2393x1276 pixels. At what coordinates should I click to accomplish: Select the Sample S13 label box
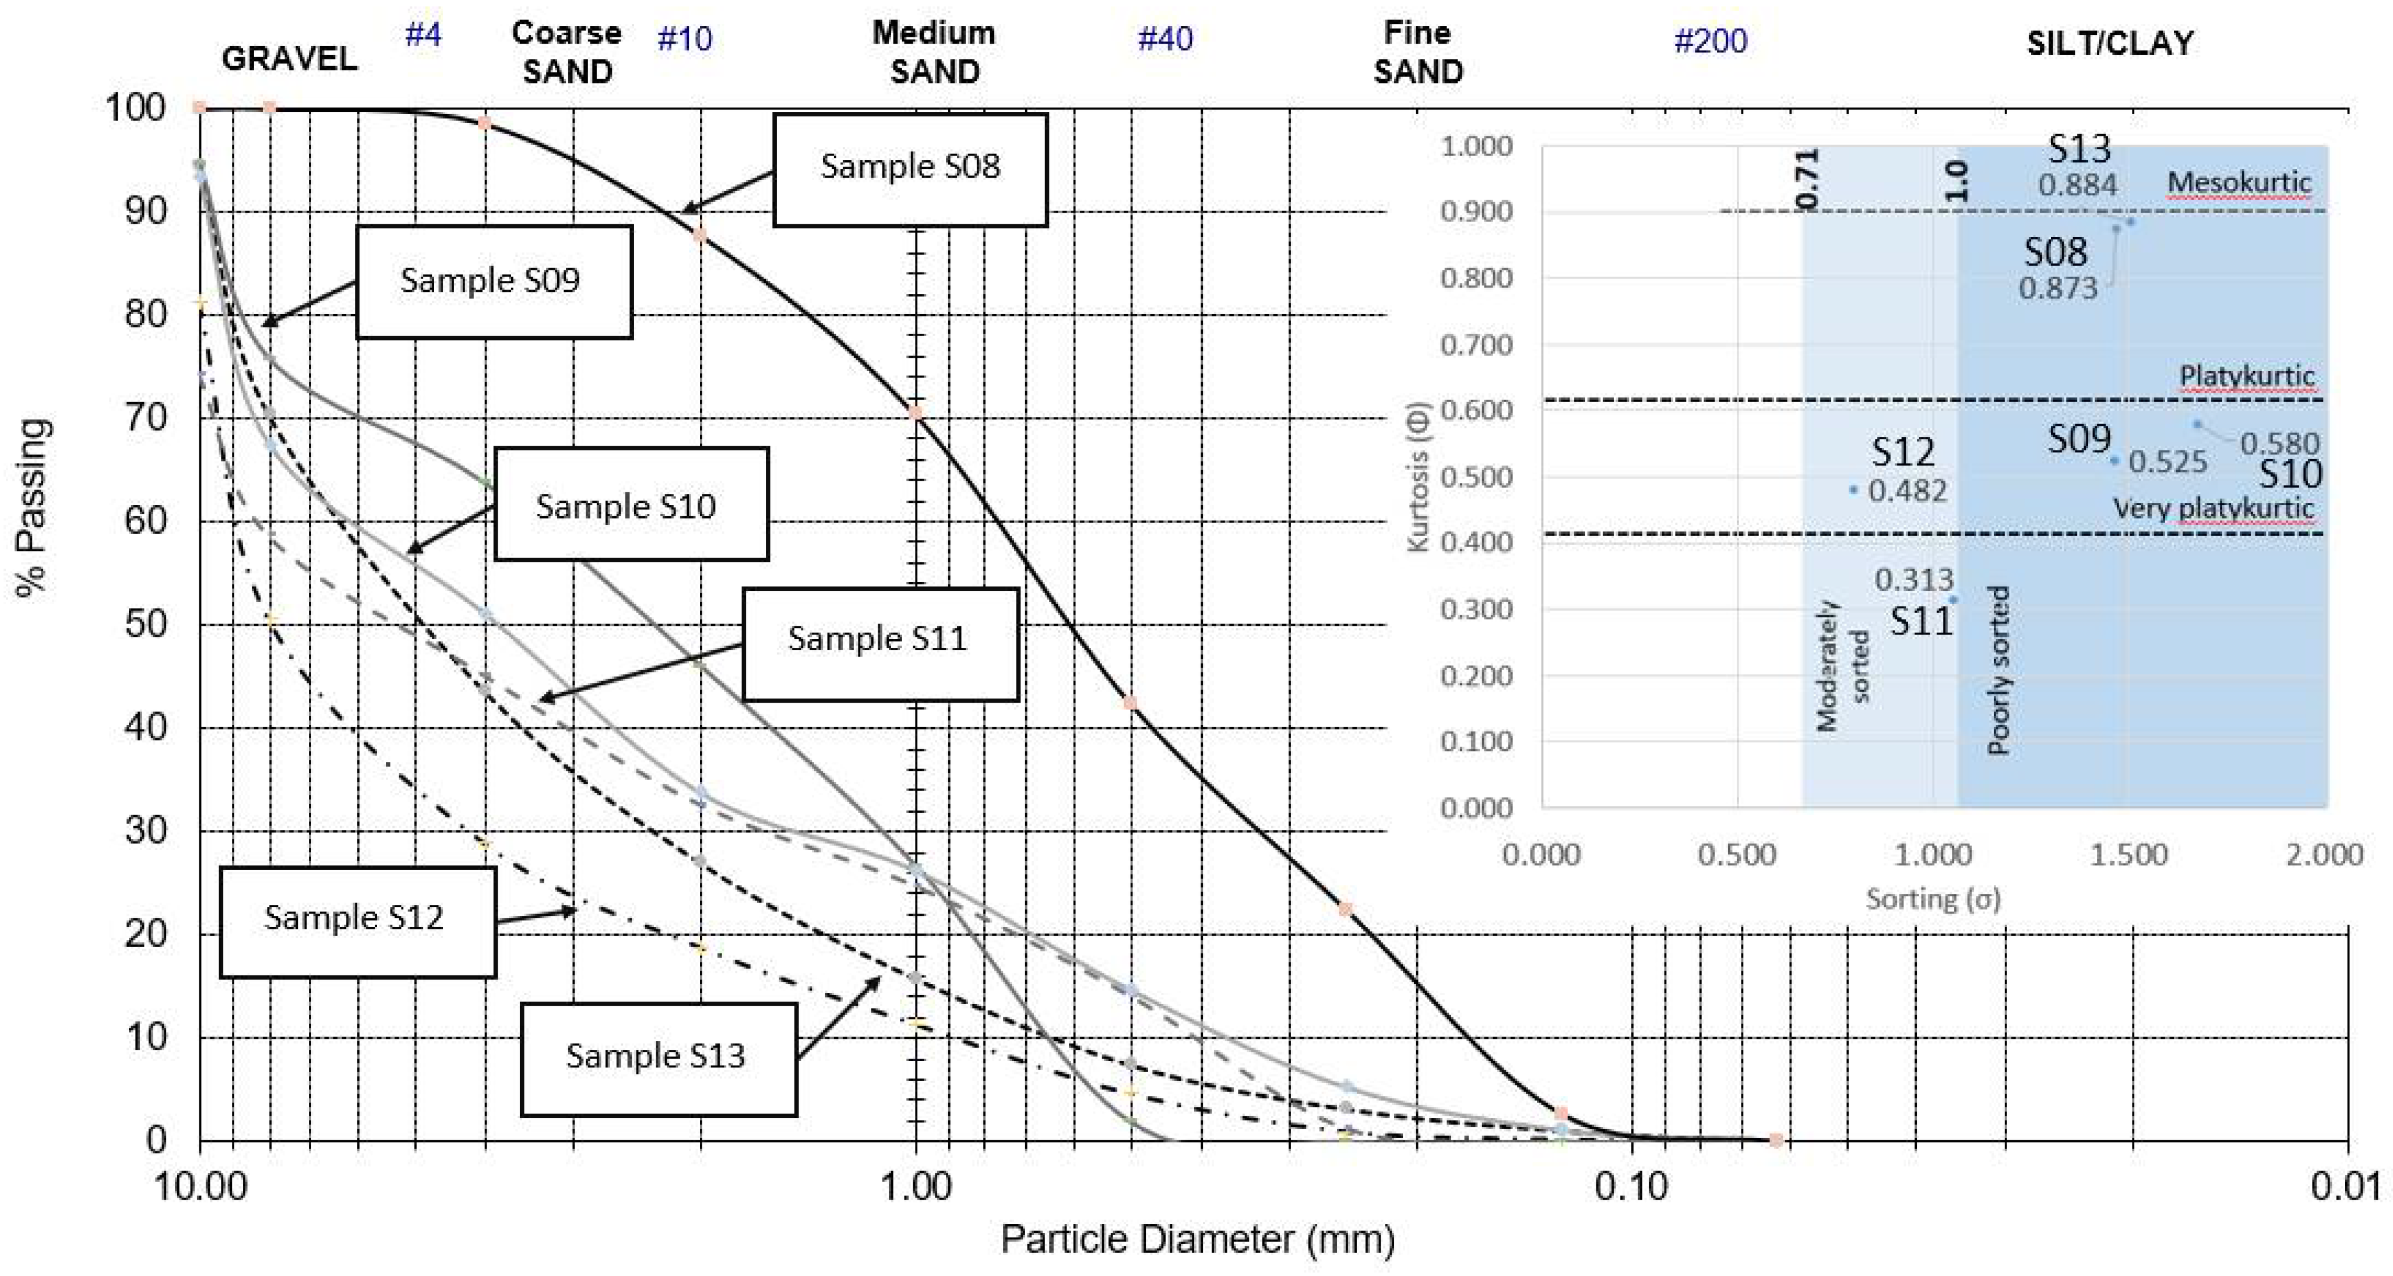click(x=658, y=1058)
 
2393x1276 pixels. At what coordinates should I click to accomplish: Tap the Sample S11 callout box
click(x=879, y=641)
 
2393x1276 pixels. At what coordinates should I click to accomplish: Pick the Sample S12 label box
click(x=357, y=921)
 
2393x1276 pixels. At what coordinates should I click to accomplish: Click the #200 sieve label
click(x=1709, y=41)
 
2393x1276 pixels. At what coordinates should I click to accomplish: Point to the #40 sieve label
click(x=1165, y=39)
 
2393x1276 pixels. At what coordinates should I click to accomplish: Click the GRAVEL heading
click(x=289, y=58)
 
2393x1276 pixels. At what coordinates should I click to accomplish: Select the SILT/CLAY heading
click(x=2110, y=43)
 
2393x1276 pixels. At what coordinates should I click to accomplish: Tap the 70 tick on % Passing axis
click(x=145, y=418)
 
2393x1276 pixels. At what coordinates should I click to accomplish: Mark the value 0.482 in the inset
click(x=1907, y=491)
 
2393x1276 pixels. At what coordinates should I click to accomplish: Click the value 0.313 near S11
click(x=1914, y=580)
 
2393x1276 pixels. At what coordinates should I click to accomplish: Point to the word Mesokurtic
click(x=2239, y=183)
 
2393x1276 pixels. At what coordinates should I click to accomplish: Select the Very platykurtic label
click(x=2213, y=508)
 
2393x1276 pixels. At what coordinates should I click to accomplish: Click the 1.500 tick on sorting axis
click(x=2128, y=854)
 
